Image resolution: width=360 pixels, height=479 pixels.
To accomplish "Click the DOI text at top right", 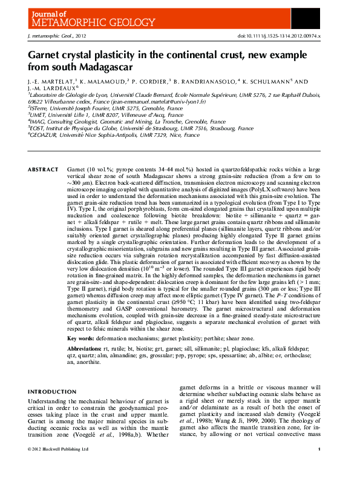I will pyautogui.click(x=281, y=36).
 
